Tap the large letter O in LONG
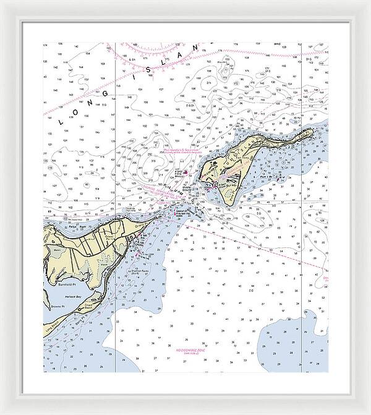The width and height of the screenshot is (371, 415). (x=82, y=109)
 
